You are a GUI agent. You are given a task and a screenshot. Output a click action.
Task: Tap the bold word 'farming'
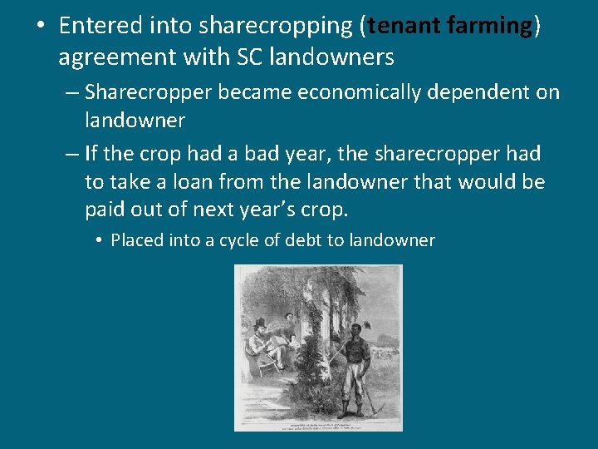[493, 26]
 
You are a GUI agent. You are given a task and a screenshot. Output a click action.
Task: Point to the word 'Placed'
[137, 240]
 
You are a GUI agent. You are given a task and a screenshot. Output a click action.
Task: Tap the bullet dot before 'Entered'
[40, 25]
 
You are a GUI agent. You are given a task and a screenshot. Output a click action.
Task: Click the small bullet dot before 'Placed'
[98, 241]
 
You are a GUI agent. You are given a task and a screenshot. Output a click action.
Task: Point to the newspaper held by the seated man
[285, 342]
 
